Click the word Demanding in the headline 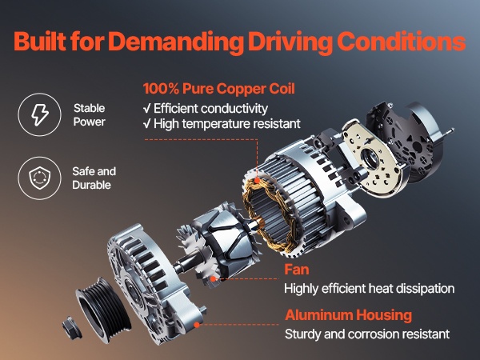coord(176,42)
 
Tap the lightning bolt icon coord(40,114)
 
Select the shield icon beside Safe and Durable coord(40,178)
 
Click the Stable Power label coord(90,114)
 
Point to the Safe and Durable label coord(94,178)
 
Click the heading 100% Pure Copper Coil coord(219,89)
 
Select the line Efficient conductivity coord(206,108)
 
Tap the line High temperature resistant coord(222,124)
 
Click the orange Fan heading coord(297,270)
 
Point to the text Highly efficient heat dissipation coord(369,288)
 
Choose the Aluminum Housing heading coord(348,314)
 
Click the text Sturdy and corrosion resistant coord(367,334)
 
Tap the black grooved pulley coord(103,308)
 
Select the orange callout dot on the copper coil coord(257,181)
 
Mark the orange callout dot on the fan coord(214,279)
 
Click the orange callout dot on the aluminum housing coord(197,325)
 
